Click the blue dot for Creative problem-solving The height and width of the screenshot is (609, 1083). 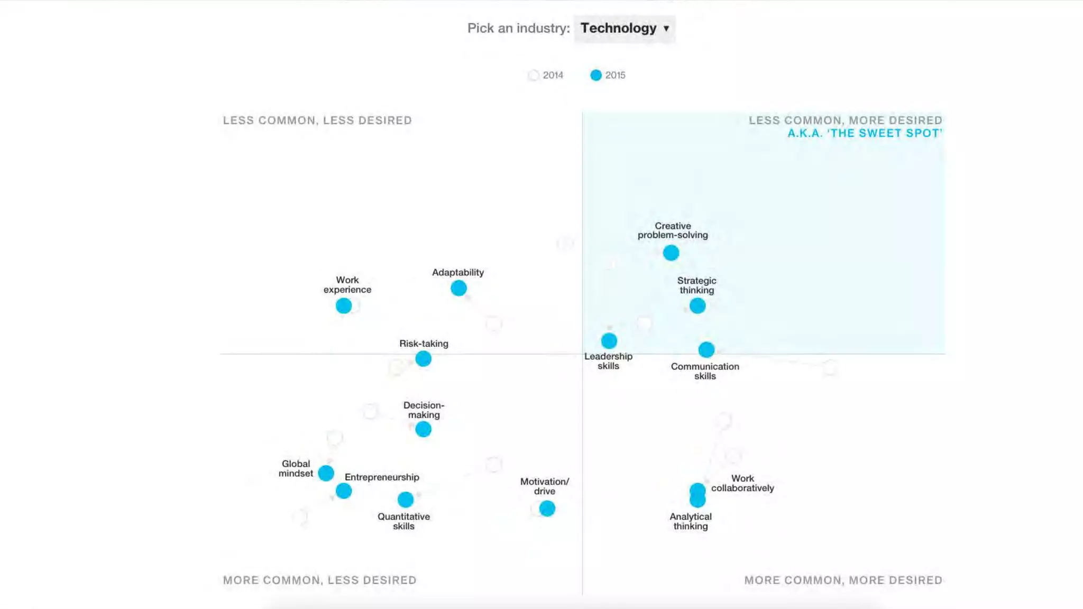(x=671, y=253)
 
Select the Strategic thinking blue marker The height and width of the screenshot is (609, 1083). (x=697, y=306)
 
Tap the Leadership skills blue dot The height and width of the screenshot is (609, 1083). (x=609, y=341)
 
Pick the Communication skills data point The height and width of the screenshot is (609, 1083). (x=706, y=349)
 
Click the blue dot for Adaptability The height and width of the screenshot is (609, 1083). (x=458, y=288)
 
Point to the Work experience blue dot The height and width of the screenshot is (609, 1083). (x=344, y=306)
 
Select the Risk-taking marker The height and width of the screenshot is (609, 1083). (x=423, y=359)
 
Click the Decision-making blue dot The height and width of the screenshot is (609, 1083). (x=423, y=429)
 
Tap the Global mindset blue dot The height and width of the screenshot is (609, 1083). (x=326, y=473)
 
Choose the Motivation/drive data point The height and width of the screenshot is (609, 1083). (x=547, y=509)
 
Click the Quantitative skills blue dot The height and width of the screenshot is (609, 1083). (x=406, y=500)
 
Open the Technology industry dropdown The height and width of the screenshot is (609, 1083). (x=625, y=28)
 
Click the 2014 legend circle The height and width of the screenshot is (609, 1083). (x=534, y=75)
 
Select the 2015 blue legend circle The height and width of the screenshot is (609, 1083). (x=596, y=75)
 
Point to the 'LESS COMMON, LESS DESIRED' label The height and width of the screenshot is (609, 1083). (x=317, y=121)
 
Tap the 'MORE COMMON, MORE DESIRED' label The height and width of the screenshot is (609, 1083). (x=843, y=580)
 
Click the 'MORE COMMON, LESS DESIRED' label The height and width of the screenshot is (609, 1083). (x=319, y=580)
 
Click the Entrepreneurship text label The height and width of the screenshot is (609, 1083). (x=382, y=477)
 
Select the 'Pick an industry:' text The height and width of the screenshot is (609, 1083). (x=518, y=28)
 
